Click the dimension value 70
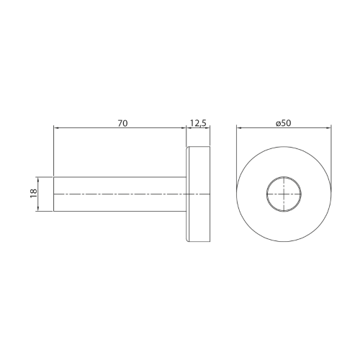122,123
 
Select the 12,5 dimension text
198,123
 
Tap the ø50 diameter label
284,123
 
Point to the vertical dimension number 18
34,194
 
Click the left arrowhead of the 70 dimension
55,128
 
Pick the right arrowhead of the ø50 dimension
328,128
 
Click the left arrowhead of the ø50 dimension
239,128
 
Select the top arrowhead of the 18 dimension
37,179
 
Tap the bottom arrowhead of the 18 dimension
37,209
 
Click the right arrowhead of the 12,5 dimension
207,128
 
